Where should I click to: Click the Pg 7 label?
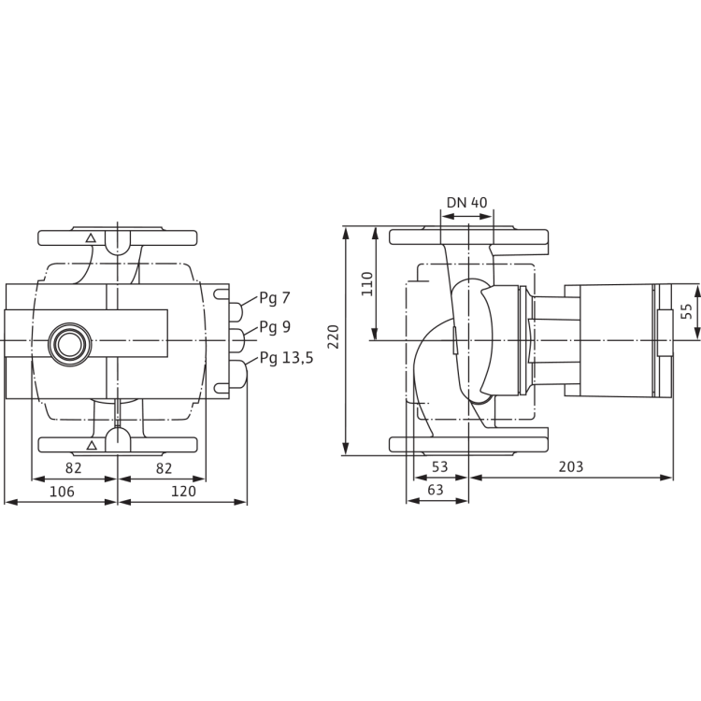pyautogui.click(x=276, y=297)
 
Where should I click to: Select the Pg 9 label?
pyautogui.click(x=276, y=328)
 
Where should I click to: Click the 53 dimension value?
pyautogui.click(x=440, y=467)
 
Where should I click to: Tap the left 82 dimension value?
pyautogui.click(x=76, y=467)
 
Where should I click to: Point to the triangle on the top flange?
pyautogui.click(x=91, y=239)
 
